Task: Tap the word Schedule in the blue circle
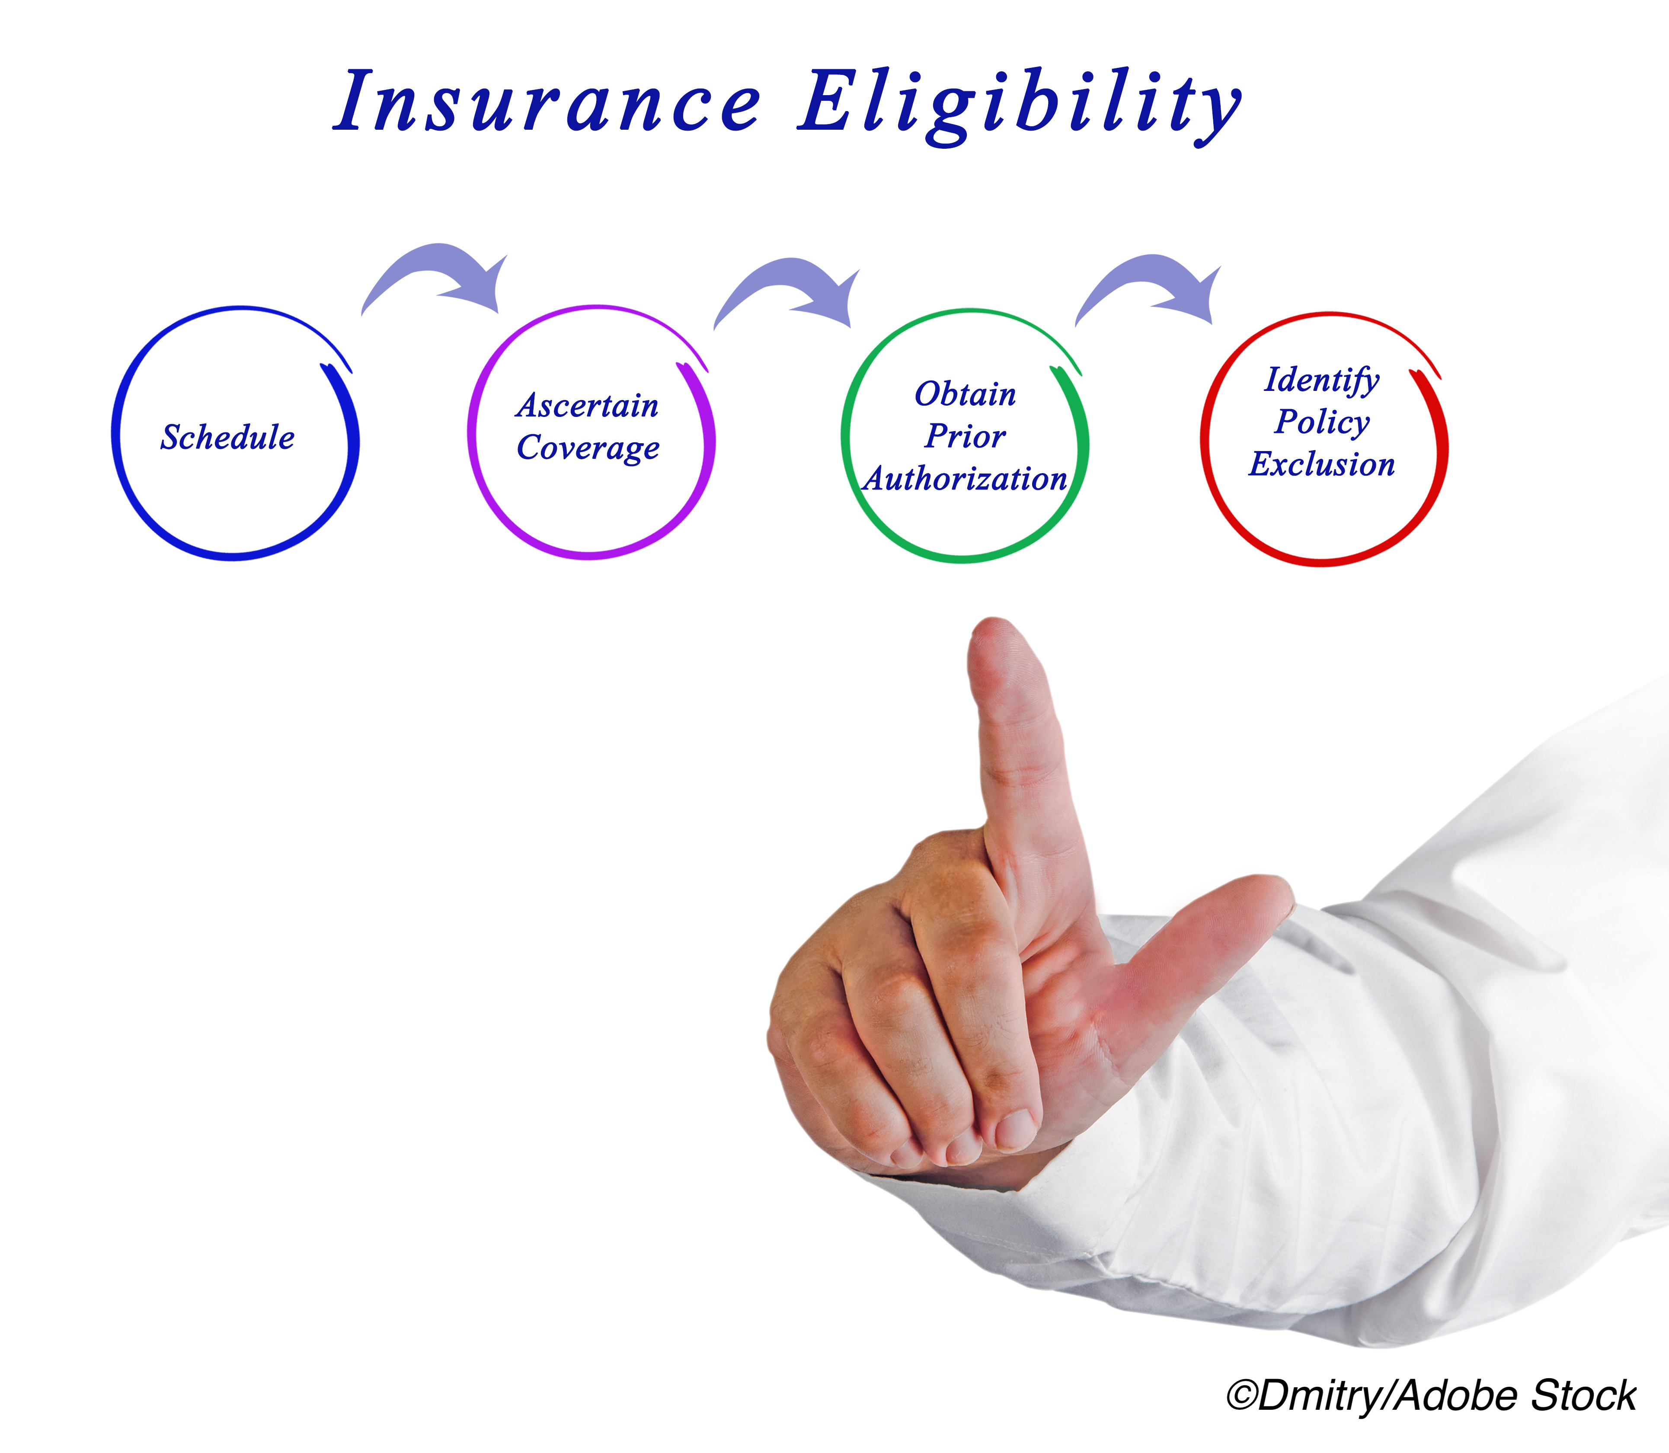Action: point(228,437)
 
